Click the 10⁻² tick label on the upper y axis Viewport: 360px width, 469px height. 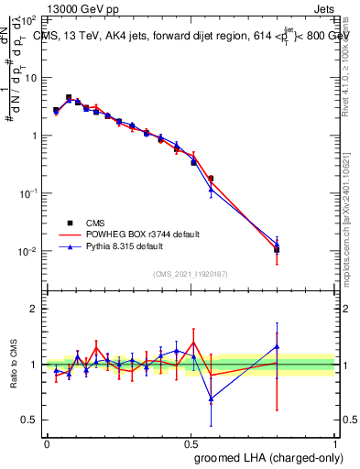(30, 252)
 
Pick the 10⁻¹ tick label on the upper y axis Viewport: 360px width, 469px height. (30, 193)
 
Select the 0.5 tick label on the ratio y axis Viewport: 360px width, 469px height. (30, 420)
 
